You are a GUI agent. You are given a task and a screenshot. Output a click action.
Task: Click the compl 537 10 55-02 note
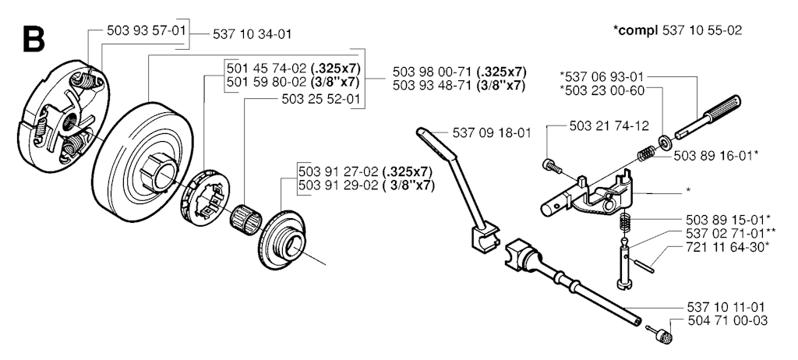tap(677, 30)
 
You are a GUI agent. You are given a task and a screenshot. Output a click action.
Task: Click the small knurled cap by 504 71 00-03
tap(663, 336)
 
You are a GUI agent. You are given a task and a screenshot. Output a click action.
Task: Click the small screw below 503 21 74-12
tap(551, 165)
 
